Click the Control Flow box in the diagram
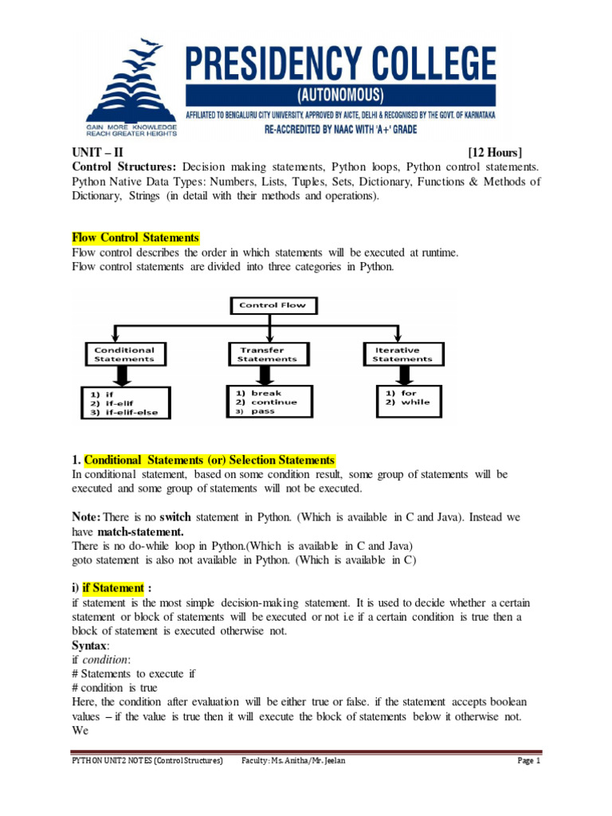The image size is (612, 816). [273, 304]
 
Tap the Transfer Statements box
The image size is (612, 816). [267, 354]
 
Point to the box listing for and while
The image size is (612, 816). [408, 398]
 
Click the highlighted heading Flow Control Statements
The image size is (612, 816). [135, 237]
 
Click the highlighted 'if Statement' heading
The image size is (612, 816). [112, 587]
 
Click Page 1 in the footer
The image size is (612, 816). [528, 761]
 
